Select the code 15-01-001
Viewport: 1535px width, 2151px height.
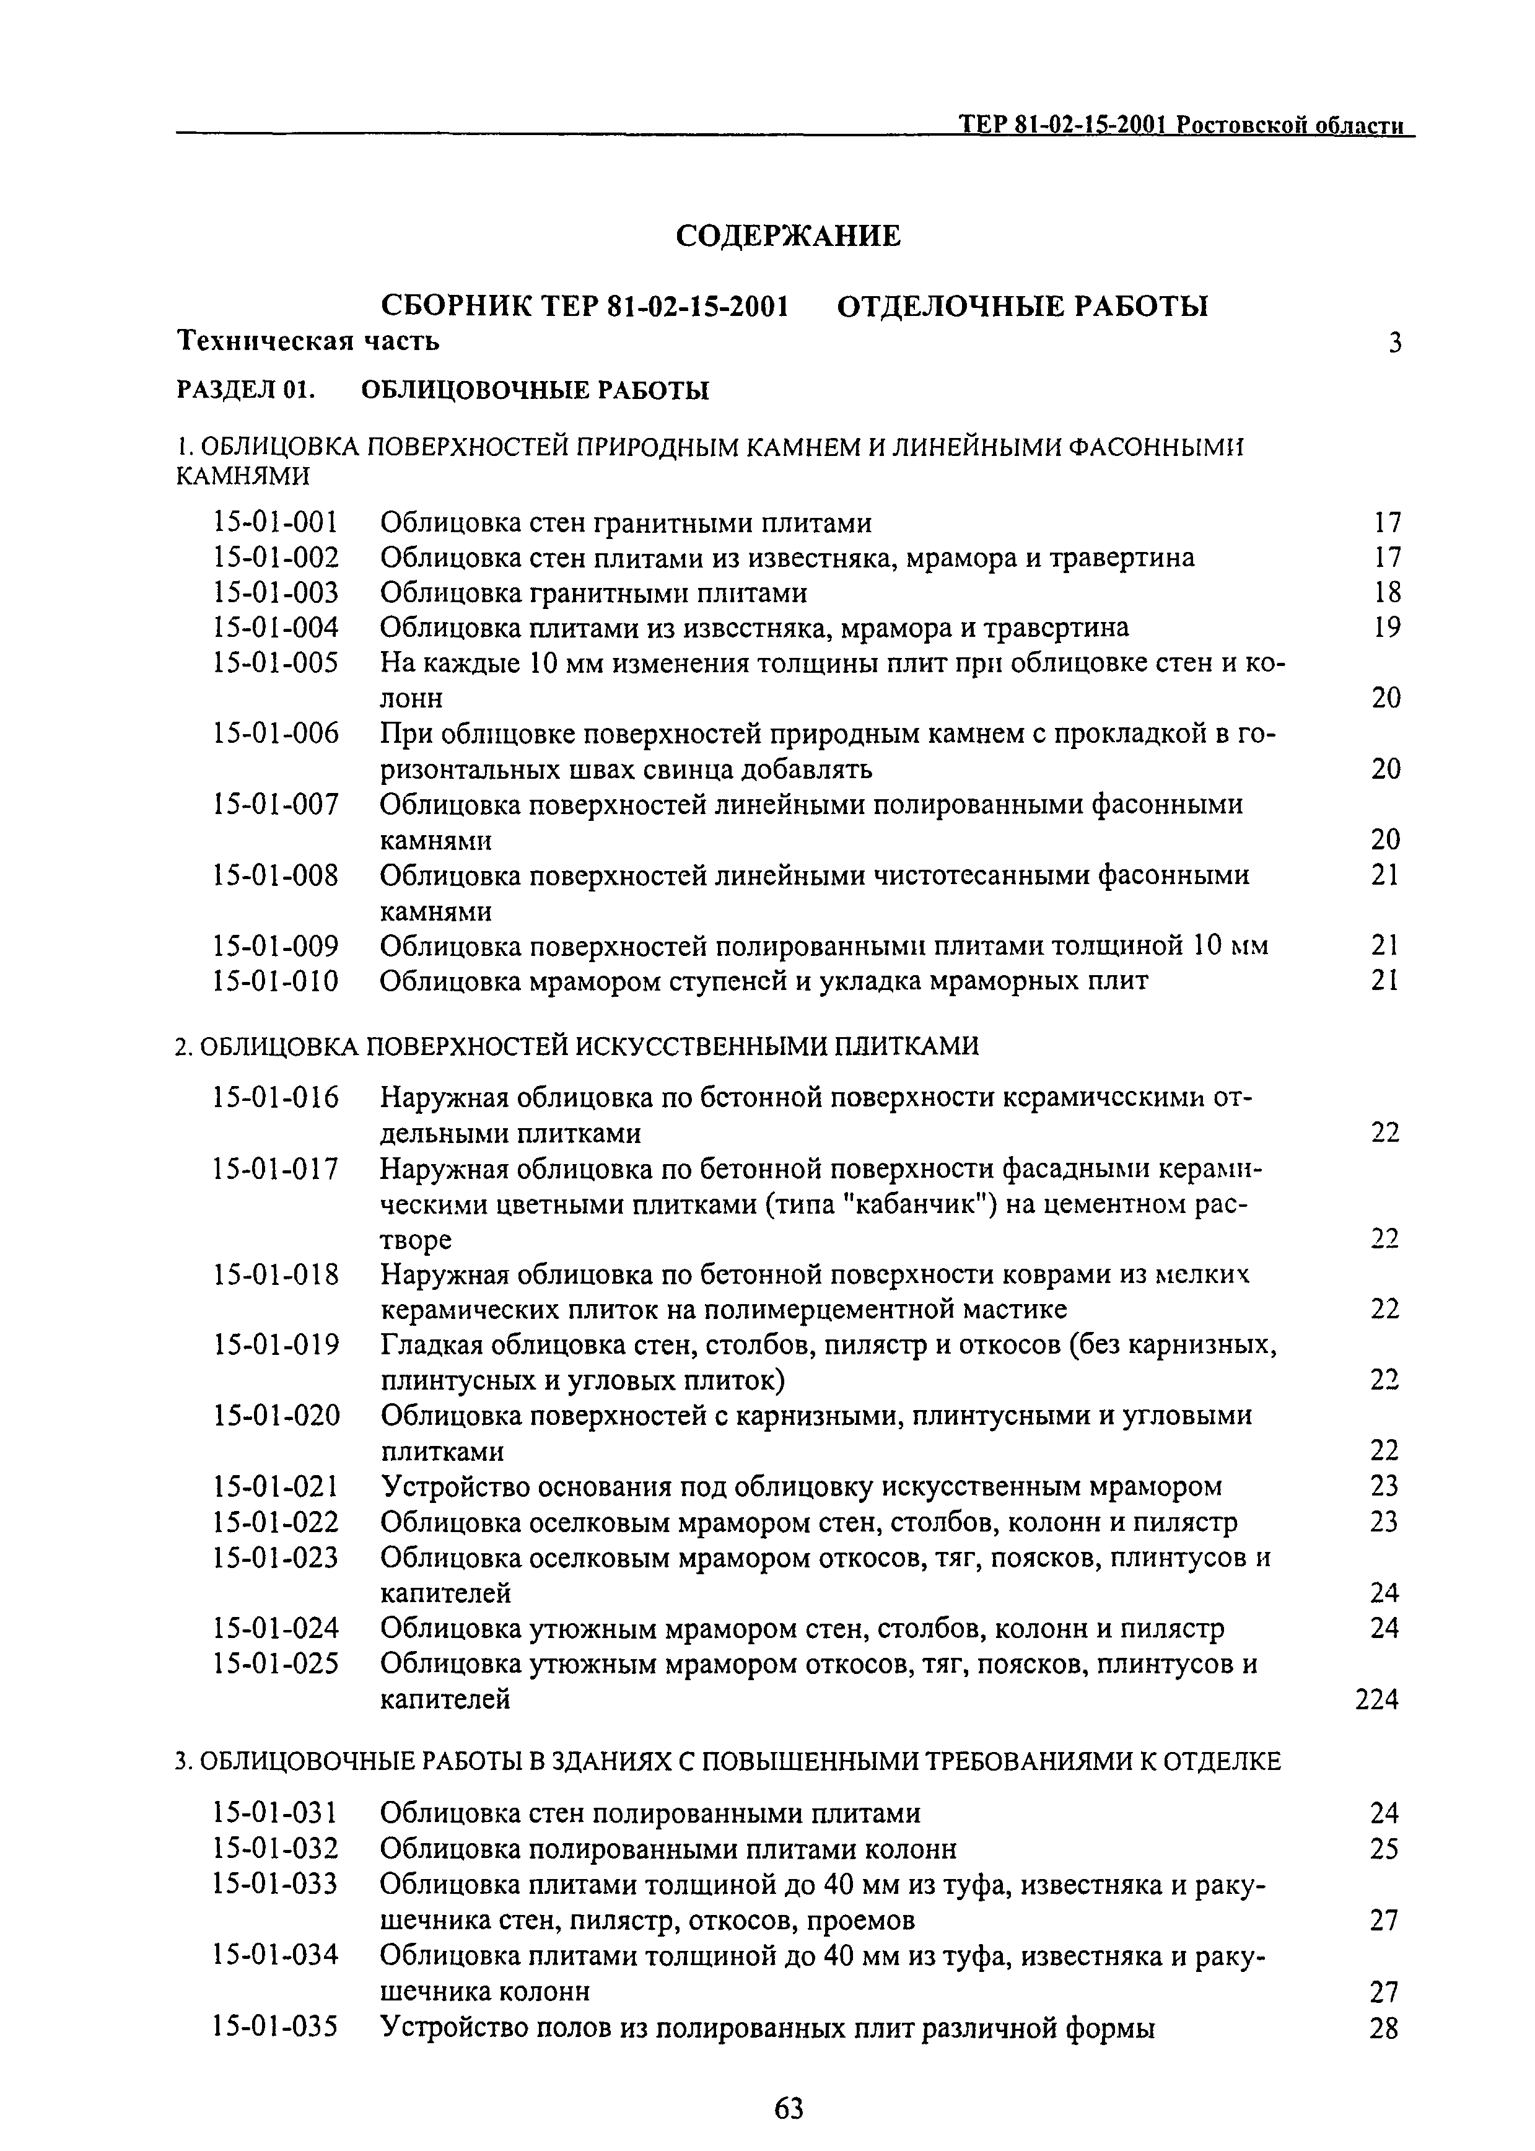pos(276,523)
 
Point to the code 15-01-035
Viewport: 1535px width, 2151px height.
pos(276,2028)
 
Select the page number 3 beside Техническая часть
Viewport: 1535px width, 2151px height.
pos(1394,343)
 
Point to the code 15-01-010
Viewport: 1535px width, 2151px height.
pos(276,981)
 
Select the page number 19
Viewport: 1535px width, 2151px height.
pos(1386,628)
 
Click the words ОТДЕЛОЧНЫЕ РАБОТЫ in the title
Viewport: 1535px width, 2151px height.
pos(1023,307)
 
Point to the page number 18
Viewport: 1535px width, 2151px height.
pos(1386,592)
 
